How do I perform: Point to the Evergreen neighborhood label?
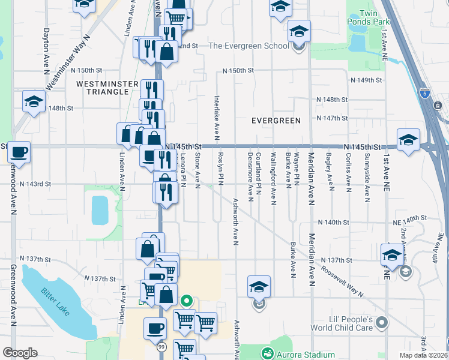point(276,121)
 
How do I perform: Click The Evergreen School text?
point(249,46)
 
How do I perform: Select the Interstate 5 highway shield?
point(425,93)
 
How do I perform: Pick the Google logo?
point(20,353)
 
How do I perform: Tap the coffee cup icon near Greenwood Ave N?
point(19,151)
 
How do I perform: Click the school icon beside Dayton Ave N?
point(34,101)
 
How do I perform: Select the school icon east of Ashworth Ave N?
point(259,286)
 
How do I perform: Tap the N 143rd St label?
point(35,184)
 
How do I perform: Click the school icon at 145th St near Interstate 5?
point(408,139)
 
